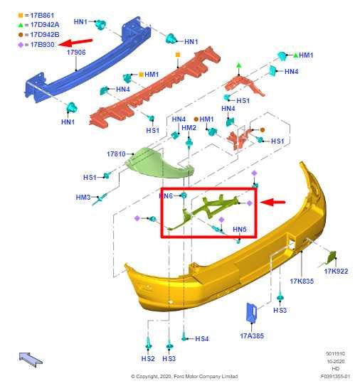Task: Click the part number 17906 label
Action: pyautogui.click(x=76, y=52)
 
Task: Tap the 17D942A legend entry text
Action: pyautogui.click(x=45, y=25)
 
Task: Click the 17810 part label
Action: pyautogui.click(x=116, y=154)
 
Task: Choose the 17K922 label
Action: pyautogui.click(x=336, y=272)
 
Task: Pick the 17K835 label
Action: pyautogui.click(x=302, y=281)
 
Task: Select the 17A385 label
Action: pyautogui.click(x=252, y=336)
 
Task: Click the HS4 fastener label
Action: pyautogui.click(x=202, y=339)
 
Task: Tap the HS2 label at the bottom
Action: pyautogui.click(x=148, y=359)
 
